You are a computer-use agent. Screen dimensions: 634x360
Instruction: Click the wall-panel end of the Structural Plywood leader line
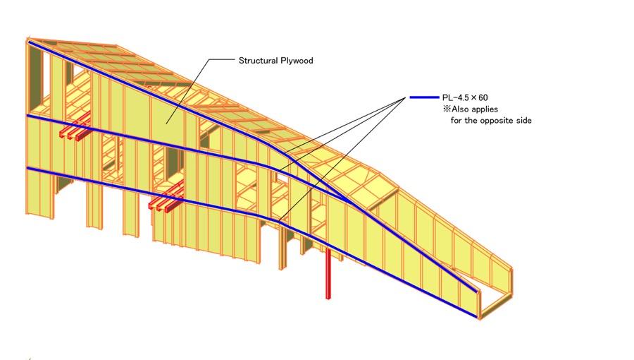(x=166, y=124)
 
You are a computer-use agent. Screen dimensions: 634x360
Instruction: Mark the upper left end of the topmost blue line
(x=29, y=42)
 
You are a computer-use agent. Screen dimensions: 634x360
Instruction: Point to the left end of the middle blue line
(x=27, y=116)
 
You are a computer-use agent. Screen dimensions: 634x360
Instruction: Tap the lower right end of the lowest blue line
(x=477, y=317)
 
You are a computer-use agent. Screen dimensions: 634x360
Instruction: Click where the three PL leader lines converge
(x=405, y=97)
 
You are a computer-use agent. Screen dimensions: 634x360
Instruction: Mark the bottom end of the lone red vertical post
(x=328, y=298)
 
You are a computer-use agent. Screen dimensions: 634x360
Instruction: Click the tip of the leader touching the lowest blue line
(x=279, y=221)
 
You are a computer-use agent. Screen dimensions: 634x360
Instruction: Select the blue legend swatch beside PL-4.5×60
(x=424, y=97)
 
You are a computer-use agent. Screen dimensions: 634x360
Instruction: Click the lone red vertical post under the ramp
(x=328, y=274)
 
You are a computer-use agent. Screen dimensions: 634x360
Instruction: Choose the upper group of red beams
(x=75, y=128)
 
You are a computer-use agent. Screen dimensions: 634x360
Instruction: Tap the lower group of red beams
(x=166, y=198)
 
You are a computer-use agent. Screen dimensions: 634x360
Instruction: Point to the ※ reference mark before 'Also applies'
(x=447, y=109)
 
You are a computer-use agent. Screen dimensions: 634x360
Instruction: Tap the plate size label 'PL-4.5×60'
(x=465, y=97)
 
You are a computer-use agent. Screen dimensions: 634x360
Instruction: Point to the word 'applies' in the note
(x=485, y=109)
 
